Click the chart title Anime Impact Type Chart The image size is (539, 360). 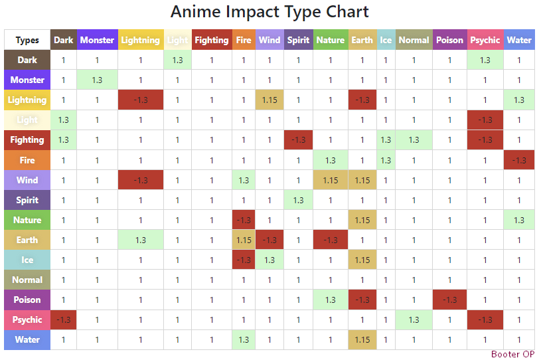tap(269, 12)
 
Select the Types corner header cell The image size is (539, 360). tap(27, 40)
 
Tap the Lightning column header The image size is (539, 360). tap(140, 40)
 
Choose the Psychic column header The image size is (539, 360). tap(485, 40)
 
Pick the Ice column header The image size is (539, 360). tap(386, 40)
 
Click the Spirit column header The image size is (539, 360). tap(298, 40)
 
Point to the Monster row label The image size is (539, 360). tap(27, 80)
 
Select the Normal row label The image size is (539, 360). tap(27, 280)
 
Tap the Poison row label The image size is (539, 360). tap(27, 300)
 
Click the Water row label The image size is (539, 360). tap(27, 339)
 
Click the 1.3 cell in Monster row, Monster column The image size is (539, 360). tap(97, 80)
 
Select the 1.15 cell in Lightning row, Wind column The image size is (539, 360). tap(269, 100)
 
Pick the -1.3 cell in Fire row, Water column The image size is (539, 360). tap(518, 160)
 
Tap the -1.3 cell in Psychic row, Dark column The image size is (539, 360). tap(64, 319)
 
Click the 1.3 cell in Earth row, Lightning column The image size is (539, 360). tap(140, 240)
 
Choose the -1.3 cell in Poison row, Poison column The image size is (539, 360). tap(449, 300)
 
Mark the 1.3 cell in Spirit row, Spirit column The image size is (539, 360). tap(298, 200)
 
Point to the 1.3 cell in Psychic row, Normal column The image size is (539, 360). tap(414, 319)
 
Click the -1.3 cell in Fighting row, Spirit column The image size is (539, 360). tap(298, 139)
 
